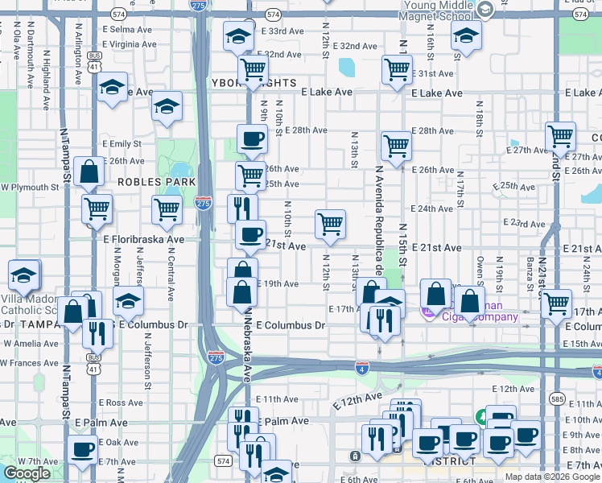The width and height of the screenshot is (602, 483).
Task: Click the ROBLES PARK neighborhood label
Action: tap(151, 182)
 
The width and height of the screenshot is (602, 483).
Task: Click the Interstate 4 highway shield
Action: tap(362, 367)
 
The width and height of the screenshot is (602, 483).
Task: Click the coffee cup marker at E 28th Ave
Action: tap(252, 138)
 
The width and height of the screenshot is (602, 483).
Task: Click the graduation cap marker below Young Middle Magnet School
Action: tap(465, 36)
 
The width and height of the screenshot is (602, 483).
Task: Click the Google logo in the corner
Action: tap(27, 473)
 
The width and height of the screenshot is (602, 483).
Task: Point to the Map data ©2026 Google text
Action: tap(552, 477)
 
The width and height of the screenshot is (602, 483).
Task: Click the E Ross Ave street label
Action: tap(121, 402)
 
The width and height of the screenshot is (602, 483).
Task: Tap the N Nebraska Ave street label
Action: tap(249, 346)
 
